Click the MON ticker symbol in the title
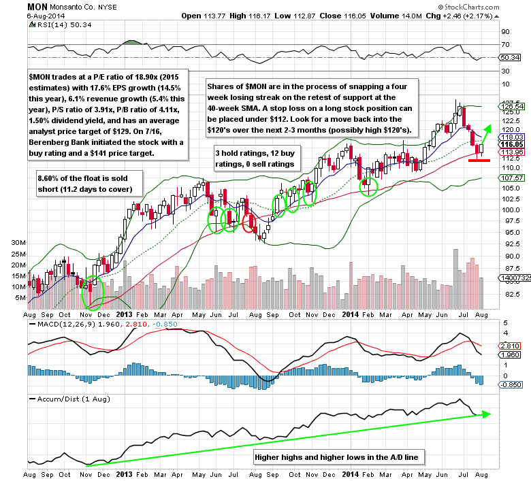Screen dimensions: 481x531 point(37,5)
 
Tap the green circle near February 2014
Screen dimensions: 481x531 point(368,184)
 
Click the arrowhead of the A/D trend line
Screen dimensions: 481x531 point(485,413)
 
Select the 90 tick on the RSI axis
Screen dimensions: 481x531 point(505,31)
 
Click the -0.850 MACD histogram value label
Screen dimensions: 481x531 point(510,384)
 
